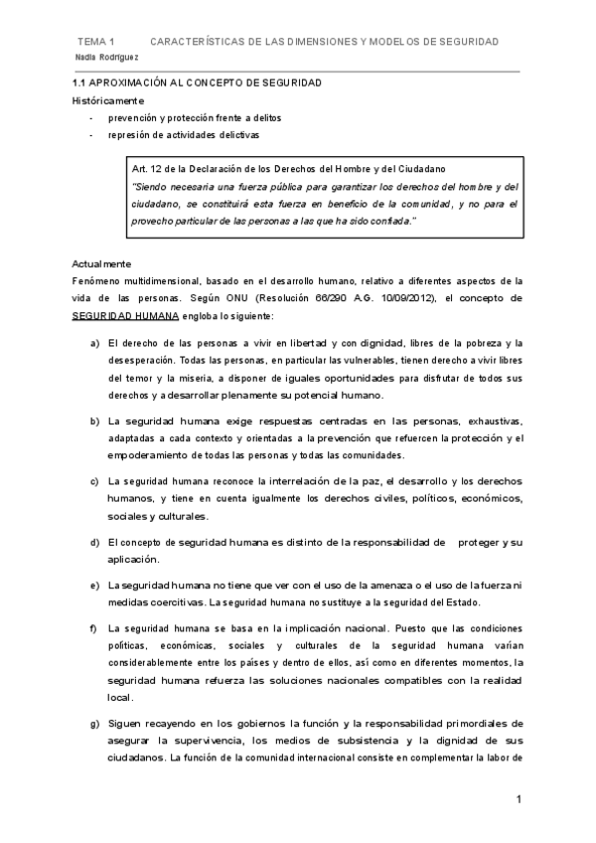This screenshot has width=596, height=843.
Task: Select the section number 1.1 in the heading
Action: click(80, 84)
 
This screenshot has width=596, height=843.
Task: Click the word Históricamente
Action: click(107, 100)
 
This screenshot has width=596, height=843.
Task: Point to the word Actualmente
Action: click(101, 263)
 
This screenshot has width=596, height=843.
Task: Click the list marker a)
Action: click(94, 343)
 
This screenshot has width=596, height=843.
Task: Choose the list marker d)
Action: click(94, 542)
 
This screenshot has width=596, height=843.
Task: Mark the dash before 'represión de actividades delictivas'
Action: click(91, 134)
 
